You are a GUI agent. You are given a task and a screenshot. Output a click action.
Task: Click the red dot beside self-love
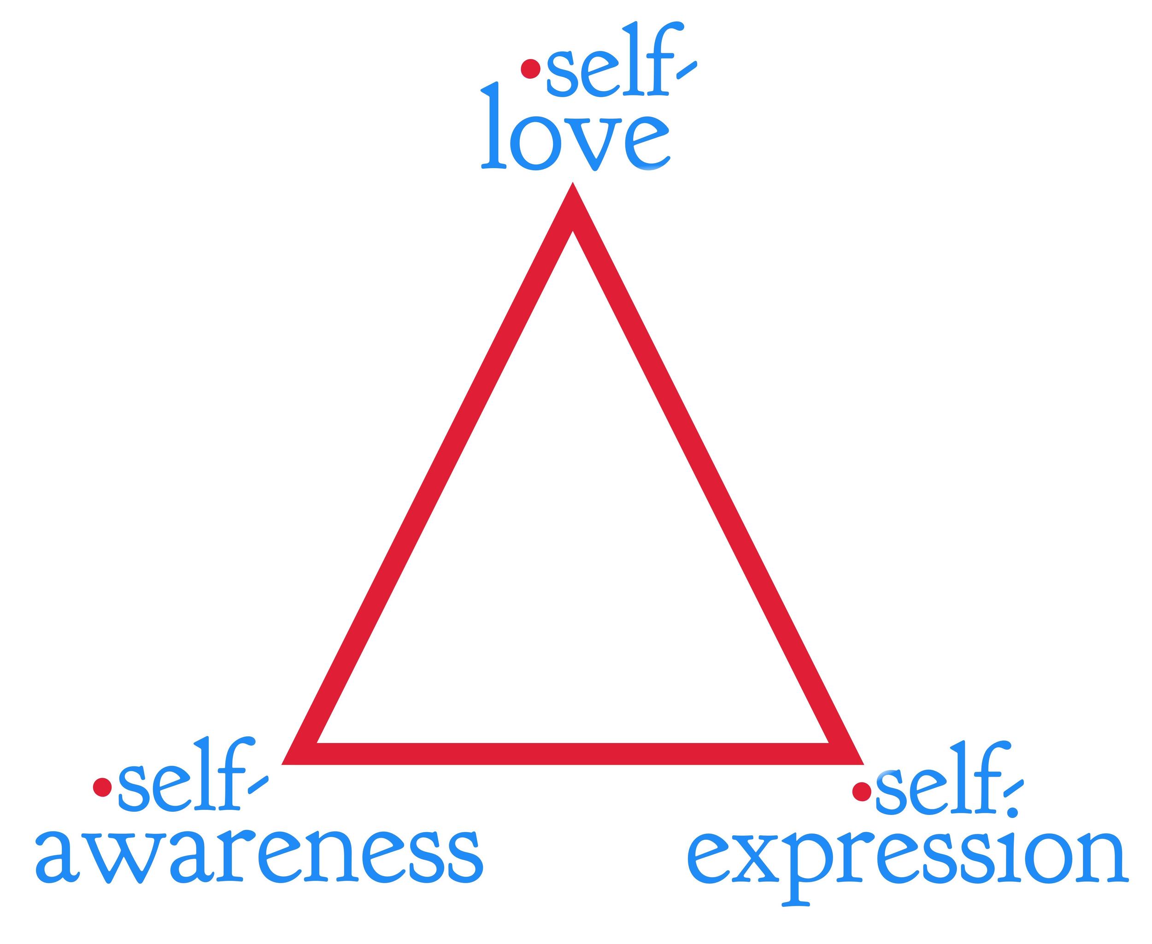(530, 69)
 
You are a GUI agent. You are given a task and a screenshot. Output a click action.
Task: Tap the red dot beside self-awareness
(102, 787)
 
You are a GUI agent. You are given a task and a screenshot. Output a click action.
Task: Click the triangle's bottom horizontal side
(573, 754)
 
